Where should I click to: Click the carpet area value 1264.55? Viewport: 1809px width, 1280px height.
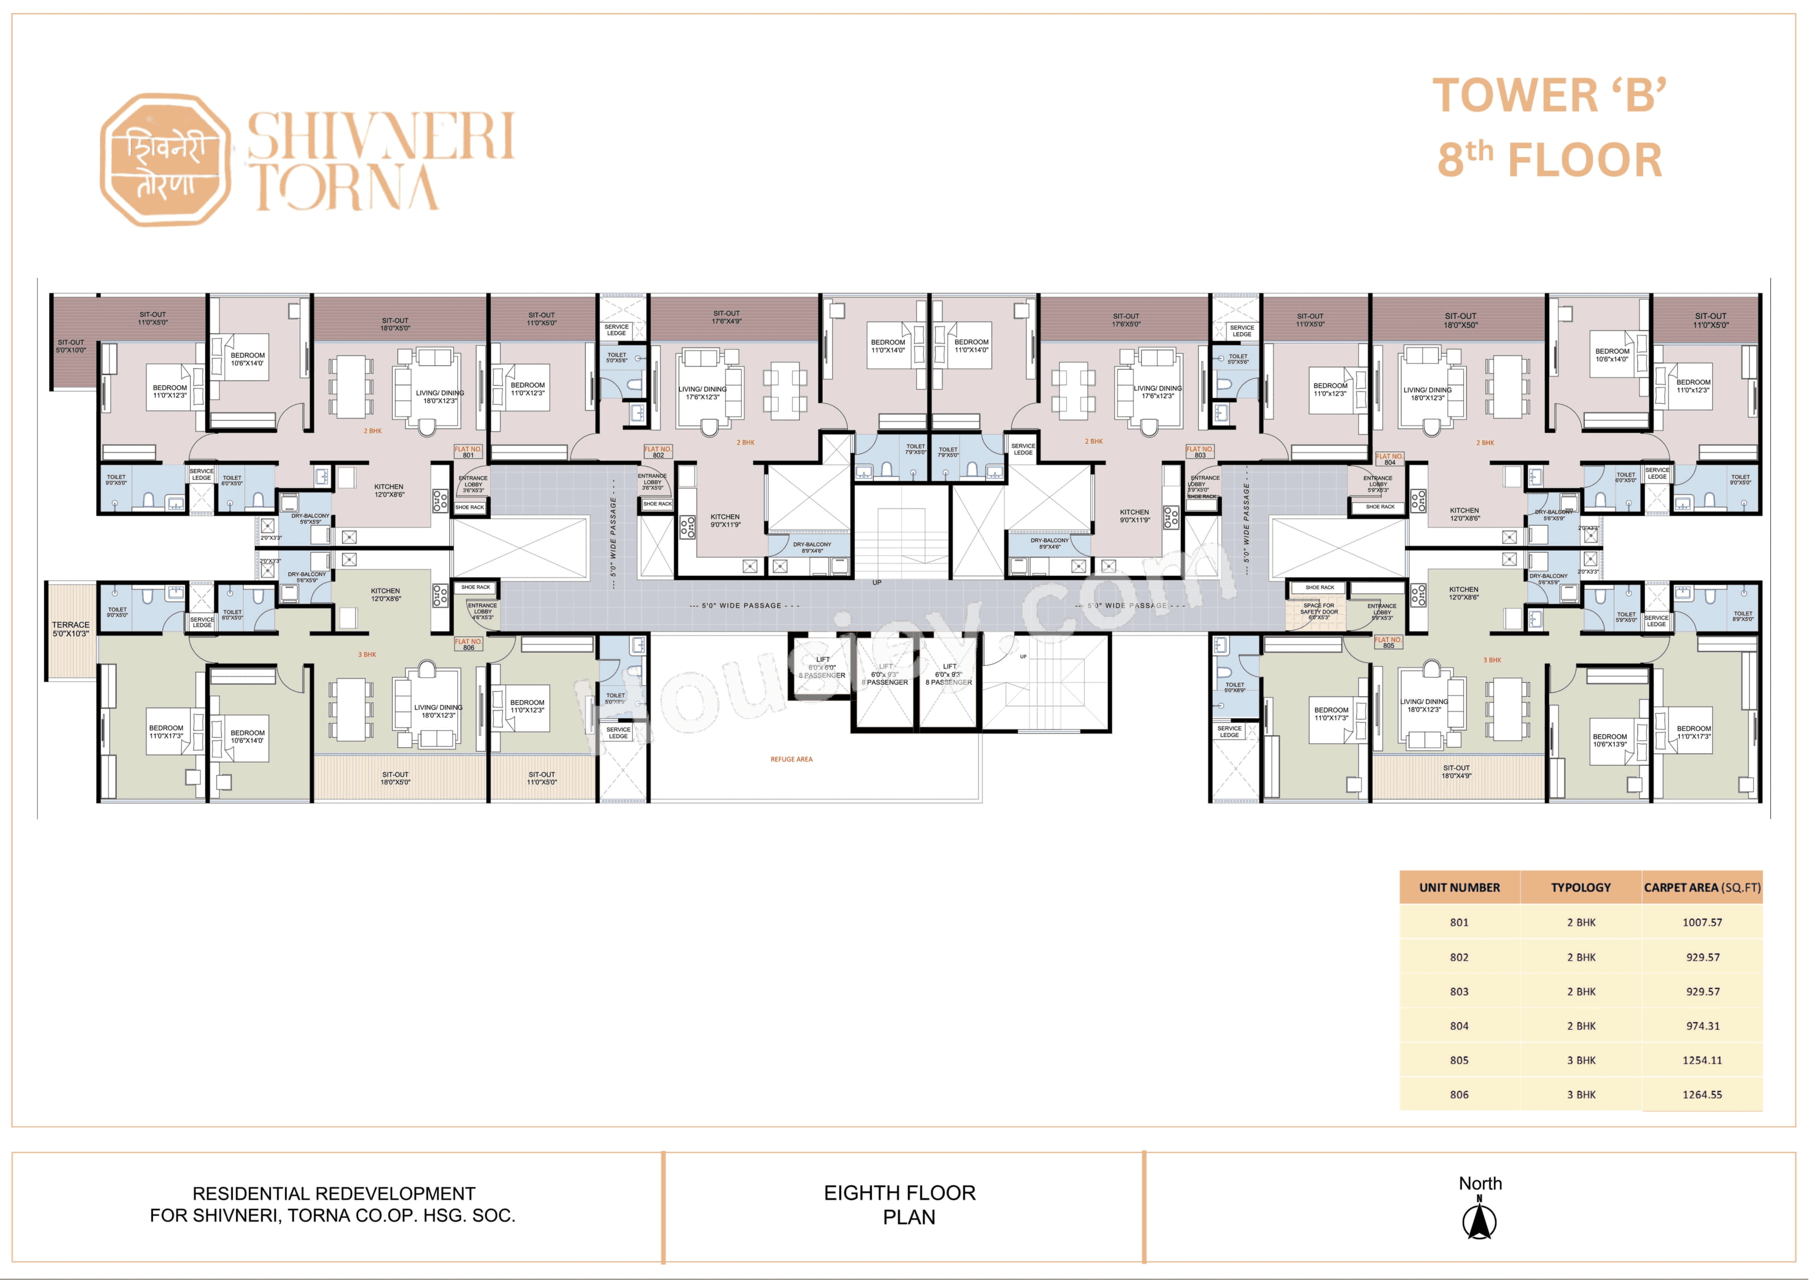tap(1702, 1095)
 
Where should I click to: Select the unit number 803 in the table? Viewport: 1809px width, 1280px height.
tap(1459, 992)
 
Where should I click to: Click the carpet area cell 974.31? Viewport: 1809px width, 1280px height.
tap(1702, 1026)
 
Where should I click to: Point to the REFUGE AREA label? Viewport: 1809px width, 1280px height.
tap(792, 759)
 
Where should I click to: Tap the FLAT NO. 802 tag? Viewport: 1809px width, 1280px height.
tap(658, 452)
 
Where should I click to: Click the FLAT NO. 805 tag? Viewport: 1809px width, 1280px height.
tap(1388, 642)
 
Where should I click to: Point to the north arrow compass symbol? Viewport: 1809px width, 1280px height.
tap(1480, 1219)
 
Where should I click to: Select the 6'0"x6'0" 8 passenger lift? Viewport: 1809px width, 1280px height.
tap(822, 667)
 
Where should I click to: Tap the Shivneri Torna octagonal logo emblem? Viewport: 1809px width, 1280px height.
tap(166, 160)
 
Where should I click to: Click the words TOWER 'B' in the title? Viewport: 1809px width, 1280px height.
tap(1549, 96)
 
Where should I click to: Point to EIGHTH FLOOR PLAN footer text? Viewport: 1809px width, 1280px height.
tap(900, 1205)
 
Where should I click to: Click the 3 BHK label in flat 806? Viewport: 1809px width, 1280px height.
tap(367, 655)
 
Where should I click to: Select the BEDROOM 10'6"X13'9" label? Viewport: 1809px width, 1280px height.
tap(1609, 740)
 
